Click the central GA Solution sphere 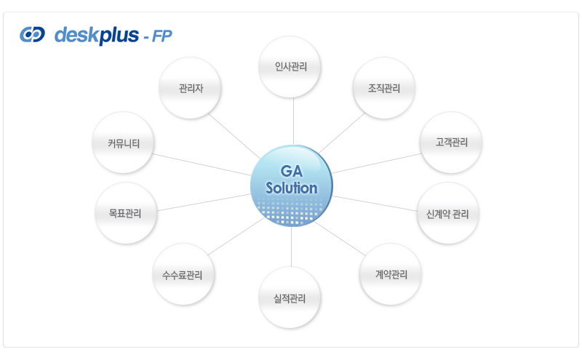pos(292,185)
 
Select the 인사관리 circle pos(290,67)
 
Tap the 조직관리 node pos(384,88)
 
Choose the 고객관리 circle pos(451,143)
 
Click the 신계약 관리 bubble pos(447,213)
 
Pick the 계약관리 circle pos(391,274)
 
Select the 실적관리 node pos(290,297)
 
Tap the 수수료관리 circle pos(183,274)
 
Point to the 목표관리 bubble pos(126,213)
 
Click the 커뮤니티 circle pos(123,143)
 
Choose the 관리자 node pos(190,88)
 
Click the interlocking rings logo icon pos(32,34)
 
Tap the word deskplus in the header pos(97,36)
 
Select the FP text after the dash pos(162,36)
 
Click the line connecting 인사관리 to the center pos(294,121)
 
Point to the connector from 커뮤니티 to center pos(202,164)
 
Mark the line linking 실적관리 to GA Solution pos(292,247)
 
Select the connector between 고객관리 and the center pos(376,164)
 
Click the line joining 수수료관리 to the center pos(236,236)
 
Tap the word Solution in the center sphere pos(292,188)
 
